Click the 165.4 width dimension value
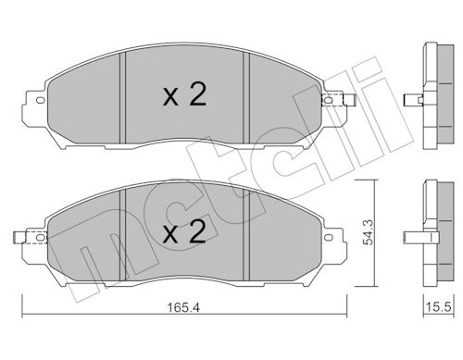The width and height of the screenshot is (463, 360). coord(183,307)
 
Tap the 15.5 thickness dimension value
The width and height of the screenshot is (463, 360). coord(439,307)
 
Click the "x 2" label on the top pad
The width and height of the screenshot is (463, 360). coord(184,95)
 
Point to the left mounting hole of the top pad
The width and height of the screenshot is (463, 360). coord(41,100)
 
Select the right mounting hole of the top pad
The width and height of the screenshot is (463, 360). coord(329,100)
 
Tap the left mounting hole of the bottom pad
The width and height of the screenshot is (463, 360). coord(41,237)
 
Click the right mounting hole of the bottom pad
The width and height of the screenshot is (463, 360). coord(329,237)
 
